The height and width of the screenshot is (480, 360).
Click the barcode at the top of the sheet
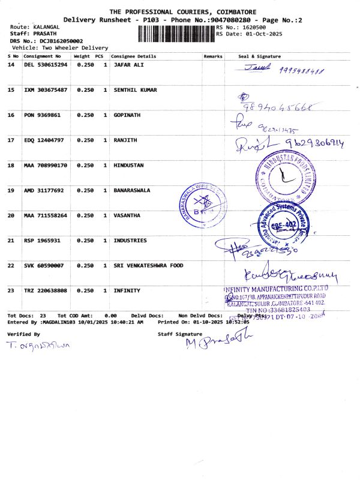click(176, 34)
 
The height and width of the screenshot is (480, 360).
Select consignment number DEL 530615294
click(46, 65)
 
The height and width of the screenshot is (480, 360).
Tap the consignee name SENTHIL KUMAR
click(135, 90)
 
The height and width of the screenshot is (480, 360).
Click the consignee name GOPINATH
click(128, 115)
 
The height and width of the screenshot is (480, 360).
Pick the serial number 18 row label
click(11, 165)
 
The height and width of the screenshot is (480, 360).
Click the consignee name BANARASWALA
click(132, 190)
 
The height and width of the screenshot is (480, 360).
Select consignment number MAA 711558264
click(46, 215)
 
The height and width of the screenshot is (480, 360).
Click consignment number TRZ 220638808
click(46, 290)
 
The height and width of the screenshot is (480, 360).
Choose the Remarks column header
click(213, 56)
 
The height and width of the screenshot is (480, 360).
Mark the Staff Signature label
click(176, 333)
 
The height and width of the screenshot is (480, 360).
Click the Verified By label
click(23, 333)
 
